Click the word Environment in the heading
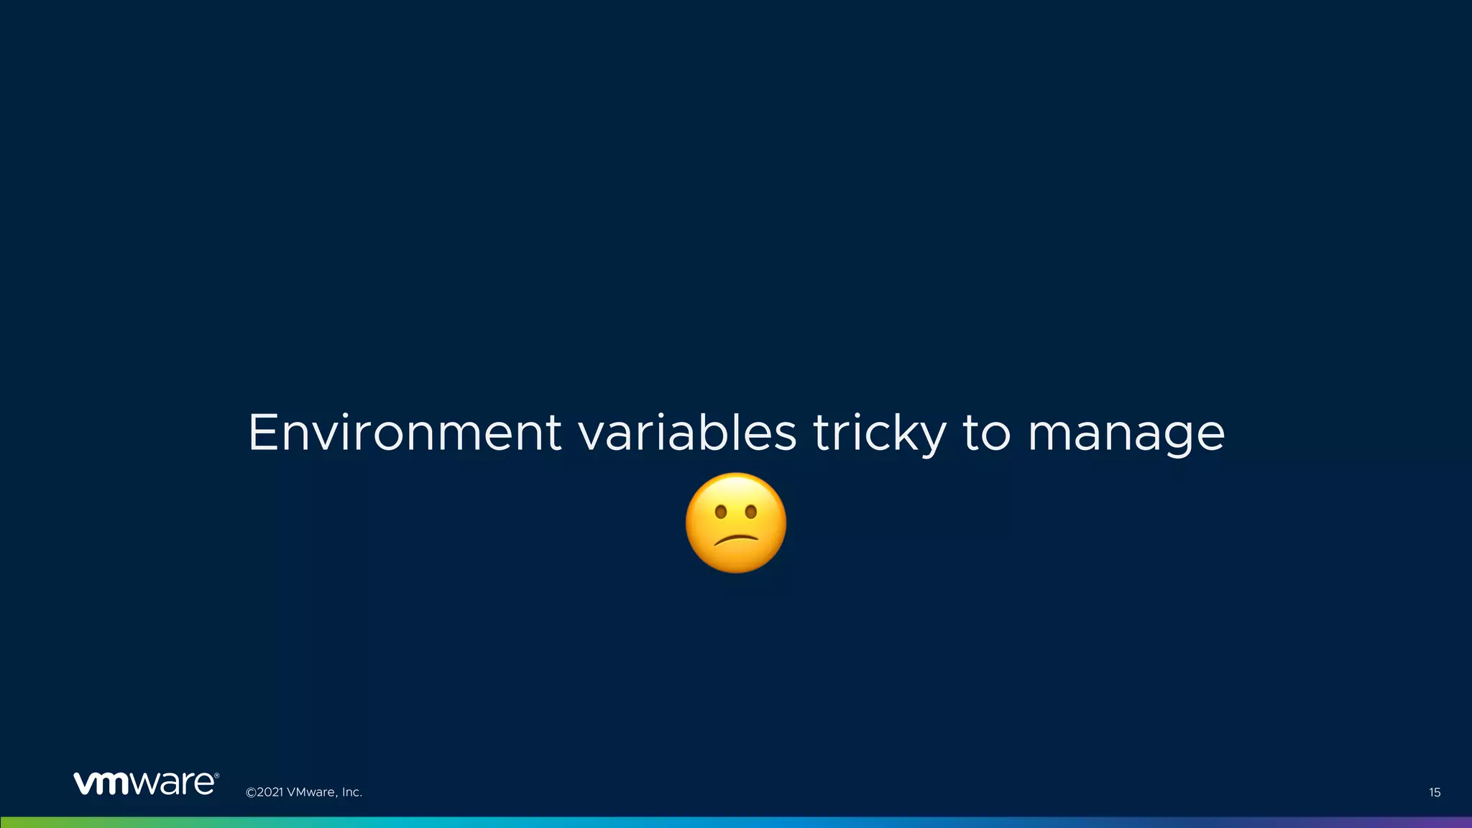click(x=404, y=433)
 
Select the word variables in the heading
click(x=687, y=433)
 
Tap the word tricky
click(x=879, y=434)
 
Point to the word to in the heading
click(x=986, y=433)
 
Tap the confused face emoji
click(x=735, y=523)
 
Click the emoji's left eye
click(x=720, y=512)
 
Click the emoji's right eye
click(x=751, y=512)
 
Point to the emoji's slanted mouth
click(x=735, y=539)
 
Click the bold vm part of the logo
click(x=101, y=783)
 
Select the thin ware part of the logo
click(x=172, y=783)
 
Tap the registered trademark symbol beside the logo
click(x=216, y=776)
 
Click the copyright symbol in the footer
click(x=251, y=793)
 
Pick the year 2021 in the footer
click(x=270, y=793)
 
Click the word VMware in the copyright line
click(x=310, y=793)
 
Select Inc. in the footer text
click(x=351, y=793)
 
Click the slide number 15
click(x=1434, y=793)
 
